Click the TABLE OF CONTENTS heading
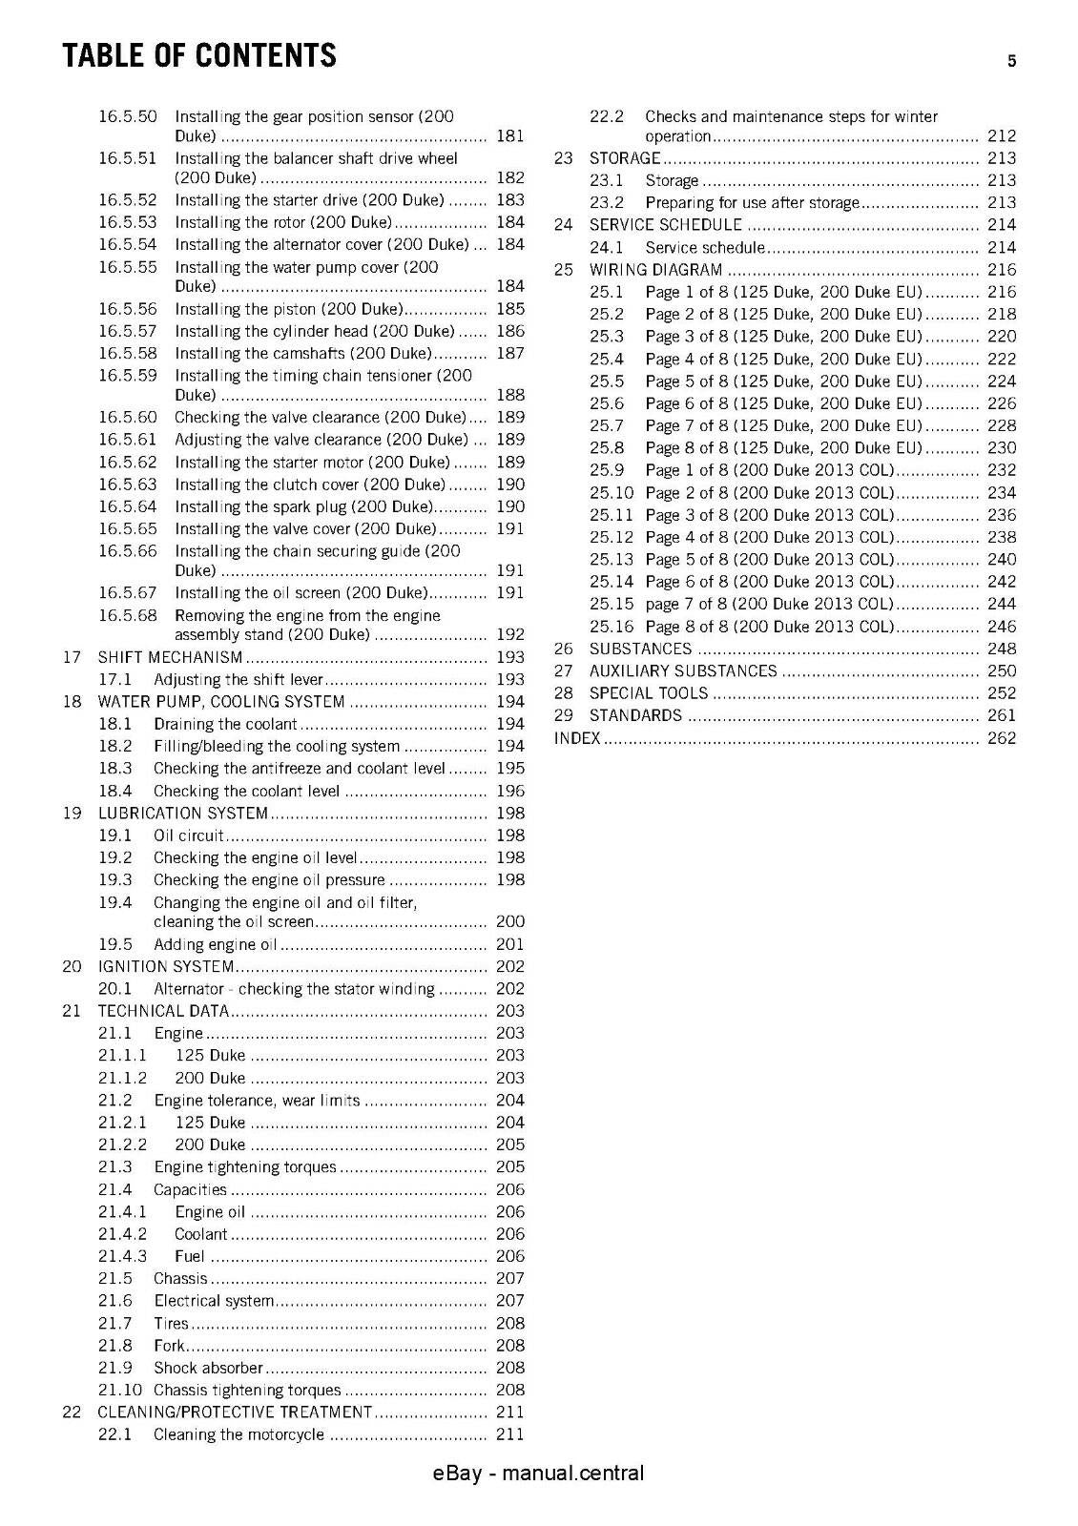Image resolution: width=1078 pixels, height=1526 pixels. point(199,55)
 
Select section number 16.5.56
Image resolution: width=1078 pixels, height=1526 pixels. point(127,309)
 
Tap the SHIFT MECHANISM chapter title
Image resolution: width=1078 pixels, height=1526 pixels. point(171,657)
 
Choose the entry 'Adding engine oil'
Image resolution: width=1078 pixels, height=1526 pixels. point(216,944)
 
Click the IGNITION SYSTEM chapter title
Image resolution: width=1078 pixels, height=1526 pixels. point(166,966)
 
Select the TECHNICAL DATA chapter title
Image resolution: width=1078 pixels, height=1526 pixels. point(163,1011)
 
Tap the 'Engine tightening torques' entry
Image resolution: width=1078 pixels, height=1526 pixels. point(245,1167)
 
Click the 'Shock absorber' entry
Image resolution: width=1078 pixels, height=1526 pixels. point(208,1368)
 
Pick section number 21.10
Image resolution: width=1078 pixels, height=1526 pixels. point(120,1390)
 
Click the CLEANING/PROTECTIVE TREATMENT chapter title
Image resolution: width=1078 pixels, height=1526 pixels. point(235,1412)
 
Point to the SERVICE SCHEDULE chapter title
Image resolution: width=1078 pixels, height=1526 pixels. point(665,225)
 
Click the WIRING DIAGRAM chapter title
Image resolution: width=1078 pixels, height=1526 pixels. point(655,270)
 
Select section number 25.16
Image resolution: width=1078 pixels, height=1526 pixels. point(612,627)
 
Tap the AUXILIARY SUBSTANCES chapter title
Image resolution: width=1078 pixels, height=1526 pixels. point(683,671)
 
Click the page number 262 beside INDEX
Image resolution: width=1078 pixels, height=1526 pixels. point(1002,738)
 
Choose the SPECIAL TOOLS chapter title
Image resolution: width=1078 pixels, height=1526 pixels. point(649,693)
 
